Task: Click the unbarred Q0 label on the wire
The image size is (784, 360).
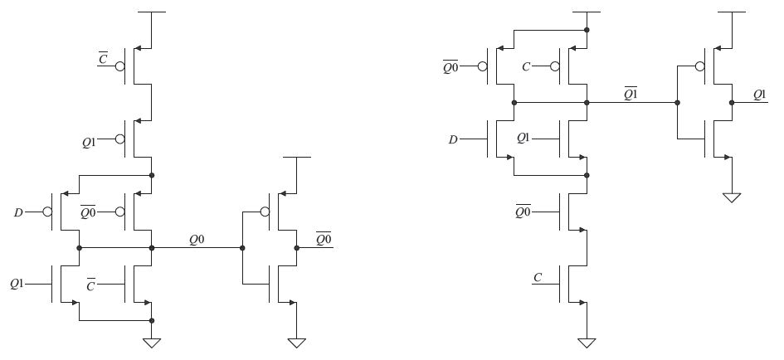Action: click(x=196, y=240)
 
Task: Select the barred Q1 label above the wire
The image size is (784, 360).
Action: click(x=631, y=94)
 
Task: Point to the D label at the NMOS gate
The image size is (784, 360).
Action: click(x=453, y=139)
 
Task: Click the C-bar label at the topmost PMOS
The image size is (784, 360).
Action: click(x=103, y=59)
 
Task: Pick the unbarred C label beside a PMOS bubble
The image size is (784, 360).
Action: click(x=526, y=66)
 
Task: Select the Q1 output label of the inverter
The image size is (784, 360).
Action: click(x=759, y=95)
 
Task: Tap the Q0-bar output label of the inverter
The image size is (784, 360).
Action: click(x=324, y=240)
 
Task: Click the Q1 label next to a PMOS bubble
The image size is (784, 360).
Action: click(x=90, y=142)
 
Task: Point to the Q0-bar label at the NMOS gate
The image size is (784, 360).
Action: click(x=523, y=212)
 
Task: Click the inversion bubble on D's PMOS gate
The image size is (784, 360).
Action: click(x=48, y=212)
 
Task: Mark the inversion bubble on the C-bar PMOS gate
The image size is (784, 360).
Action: click(x=120, y=66)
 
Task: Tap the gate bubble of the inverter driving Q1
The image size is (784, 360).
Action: click(x=701, y=66)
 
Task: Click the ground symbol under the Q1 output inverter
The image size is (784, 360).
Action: click(x=731, y=197)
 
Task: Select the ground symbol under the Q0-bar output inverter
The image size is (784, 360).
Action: click(x=296, y=342)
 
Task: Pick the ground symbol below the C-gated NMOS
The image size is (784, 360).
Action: click(x=587, y=342)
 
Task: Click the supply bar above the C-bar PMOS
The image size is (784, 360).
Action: click(x=151, y=13)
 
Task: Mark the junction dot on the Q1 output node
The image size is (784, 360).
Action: click(x=731, y=103)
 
